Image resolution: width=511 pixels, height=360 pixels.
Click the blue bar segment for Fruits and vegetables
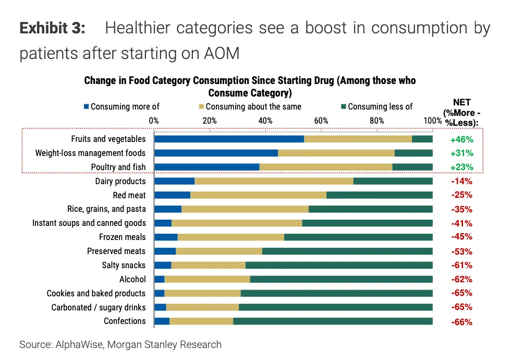pyautogui.click(x=229, y=139)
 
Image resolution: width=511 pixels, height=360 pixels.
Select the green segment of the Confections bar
pyautogui.click(x=333, y=321)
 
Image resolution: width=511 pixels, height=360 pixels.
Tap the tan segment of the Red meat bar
pyautogui.click(x=258, y=195)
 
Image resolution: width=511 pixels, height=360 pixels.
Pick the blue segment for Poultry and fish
pyautogui.click(x=206, y=167)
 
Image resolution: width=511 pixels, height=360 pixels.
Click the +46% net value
pyautogui.click(x=461, y=139)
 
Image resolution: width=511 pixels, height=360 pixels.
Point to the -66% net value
pyautogui.click(x=461, y=321)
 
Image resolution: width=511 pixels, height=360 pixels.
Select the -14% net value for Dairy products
pyautogui.click(x=461, y=181)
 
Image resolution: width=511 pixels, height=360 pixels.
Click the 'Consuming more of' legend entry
pyautogui.click(x=121, y=107)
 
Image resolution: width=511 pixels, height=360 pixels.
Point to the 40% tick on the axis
pyautogui.click(x=265, y=121)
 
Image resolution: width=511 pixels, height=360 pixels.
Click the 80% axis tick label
pyautogui.click(x=377, y=121)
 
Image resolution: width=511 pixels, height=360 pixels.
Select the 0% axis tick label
pyautogui.click(x=154, y=121)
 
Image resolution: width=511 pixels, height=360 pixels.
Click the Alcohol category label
pyautogui.click(x=132, y=279)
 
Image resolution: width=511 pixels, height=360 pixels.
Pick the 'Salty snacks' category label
pyautogui.click(x=124, y=265)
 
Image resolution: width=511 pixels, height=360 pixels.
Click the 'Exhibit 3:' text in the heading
pyautogui.click(x=52, y=28)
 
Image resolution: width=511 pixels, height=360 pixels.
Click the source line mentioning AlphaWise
pyautogui.click(x=120, y=345)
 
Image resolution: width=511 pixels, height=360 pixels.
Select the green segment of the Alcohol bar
pyautogui.click(x=341, y=279)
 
